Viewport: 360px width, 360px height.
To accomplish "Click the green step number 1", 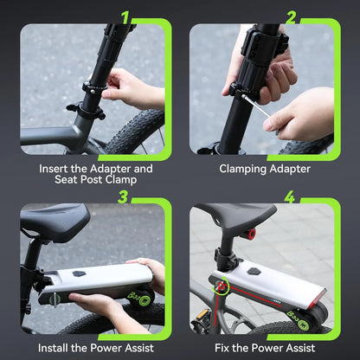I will (x=126, y=16).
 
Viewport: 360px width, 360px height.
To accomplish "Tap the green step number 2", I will (x=292, y=16).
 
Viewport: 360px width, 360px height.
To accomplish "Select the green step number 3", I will (x=124, y=196).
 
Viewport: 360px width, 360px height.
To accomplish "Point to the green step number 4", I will (x=289, y=197).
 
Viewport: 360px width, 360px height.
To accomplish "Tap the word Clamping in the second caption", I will (x=248, y=169).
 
